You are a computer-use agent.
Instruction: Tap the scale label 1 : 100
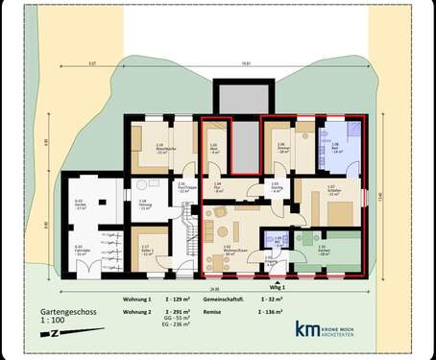54,324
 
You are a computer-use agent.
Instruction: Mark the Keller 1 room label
146,248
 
